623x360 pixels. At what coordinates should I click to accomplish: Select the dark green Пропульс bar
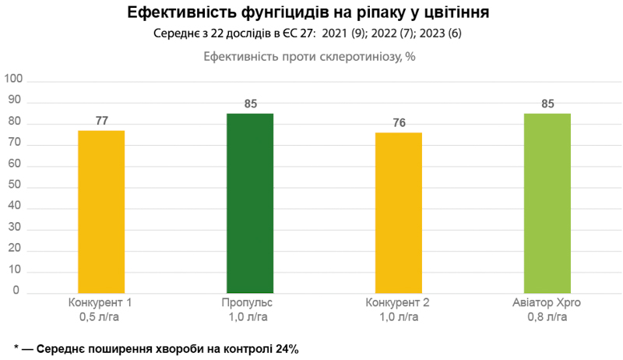point(250,203)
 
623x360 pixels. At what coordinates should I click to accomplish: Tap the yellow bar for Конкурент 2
point(399,213)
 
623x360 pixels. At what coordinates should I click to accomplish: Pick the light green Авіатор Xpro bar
point(547,203)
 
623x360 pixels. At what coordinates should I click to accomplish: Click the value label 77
point(101,121)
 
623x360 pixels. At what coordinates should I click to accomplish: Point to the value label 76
point(399,123)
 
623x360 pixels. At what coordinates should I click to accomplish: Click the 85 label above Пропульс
point(250,104)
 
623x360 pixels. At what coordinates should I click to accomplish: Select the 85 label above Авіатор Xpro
point(547,104)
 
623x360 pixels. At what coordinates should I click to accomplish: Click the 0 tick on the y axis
point(22,290)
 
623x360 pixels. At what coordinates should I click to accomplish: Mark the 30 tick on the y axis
point(19,227)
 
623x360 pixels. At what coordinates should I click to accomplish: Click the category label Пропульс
point(250,303)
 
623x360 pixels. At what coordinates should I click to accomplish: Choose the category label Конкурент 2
point(399,303)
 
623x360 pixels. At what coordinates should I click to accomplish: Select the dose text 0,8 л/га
point(547,317)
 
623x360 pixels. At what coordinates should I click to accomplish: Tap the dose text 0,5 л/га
point(101,317)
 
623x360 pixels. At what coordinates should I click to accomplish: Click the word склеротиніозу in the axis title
point(357,57)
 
